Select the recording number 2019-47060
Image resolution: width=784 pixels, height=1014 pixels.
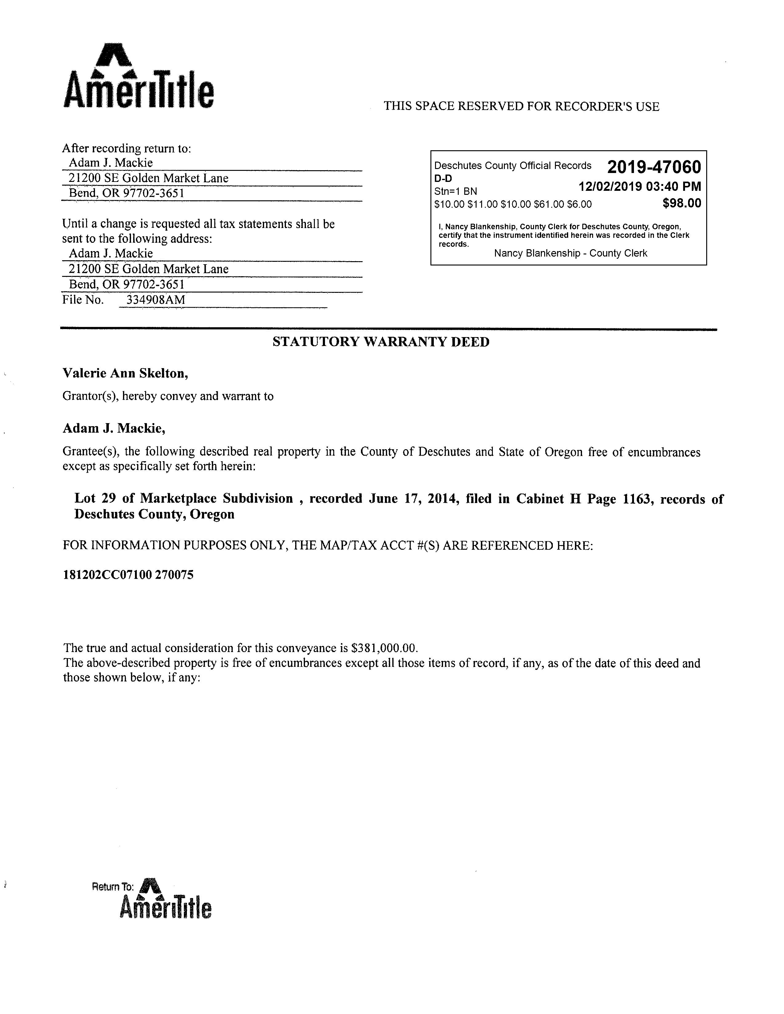pos(654,167)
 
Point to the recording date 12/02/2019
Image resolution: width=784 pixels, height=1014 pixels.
pos(610,187)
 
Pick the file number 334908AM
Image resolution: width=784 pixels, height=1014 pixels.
pos(156,300)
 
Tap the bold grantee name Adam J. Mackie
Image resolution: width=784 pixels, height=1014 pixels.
pos(114,428)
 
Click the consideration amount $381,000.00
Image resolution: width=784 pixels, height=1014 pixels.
pos(385,648)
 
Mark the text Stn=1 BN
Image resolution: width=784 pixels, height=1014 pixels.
pos(455,191)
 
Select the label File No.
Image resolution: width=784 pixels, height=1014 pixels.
pos(83,300)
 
